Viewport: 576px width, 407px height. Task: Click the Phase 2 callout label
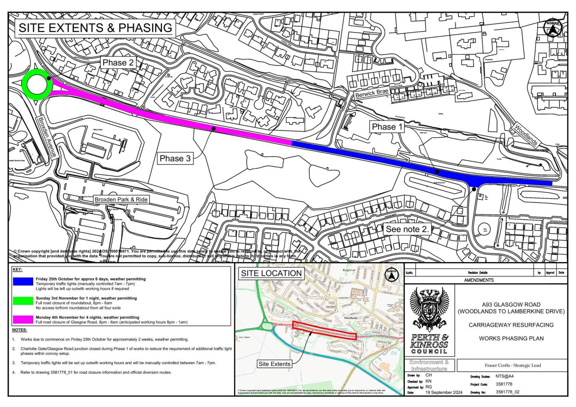point(118,62)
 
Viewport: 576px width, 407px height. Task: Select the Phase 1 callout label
point(387,127)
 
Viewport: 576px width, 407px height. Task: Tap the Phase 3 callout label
point(175,158)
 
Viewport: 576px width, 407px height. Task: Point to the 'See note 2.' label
point(407,229)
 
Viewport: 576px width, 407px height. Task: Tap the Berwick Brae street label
point(372,94)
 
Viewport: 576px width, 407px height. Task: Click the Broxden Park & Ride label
point(121,199)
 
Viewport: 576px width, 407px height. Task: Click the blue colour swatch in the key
point(22,281)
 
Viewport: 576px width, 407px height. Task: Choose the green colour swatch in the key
point(22,301)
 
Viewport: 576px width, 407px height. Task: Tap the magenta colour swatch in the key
point(22,319)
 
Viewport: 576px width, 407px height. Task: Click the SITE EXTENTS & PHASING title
point(95,28)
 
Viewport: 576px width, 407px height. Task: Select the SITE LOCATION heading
point(271,273)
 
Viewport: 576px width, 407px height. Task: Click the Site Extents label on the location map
point(274,364)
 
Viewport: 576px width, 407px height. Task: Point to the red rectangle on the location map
point(324,331)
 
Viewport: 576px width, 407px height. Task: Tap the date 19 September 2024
point(443,393)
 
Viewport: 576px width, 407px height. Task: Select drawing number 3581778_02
point(507,392)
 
